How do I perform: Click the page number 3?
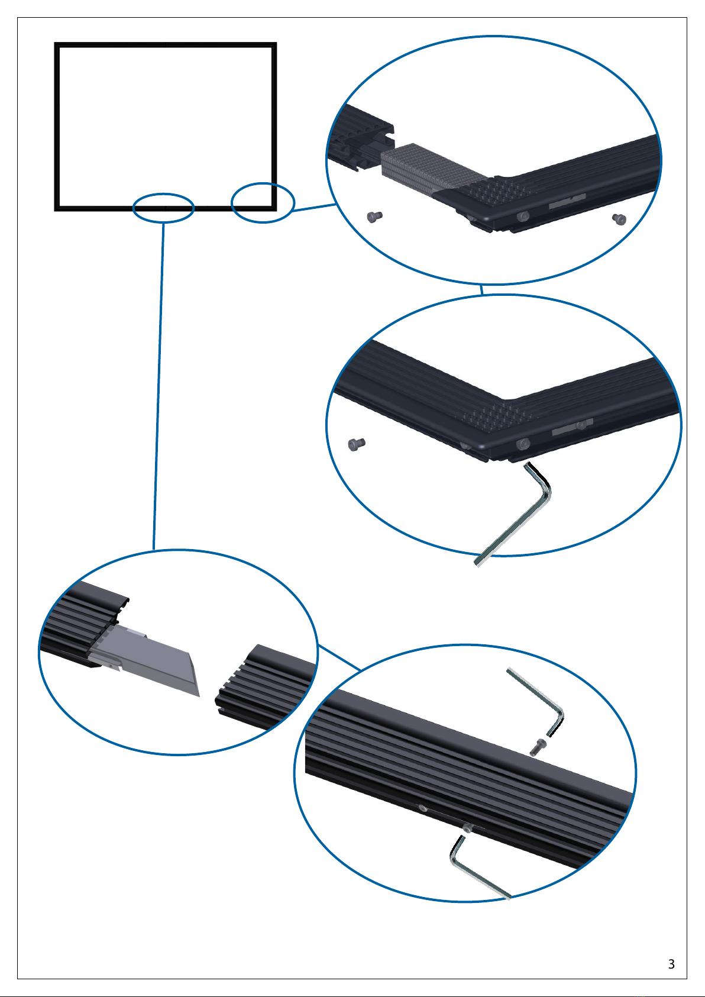pos(671,964)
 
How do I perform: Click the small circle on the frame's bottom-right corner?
pos(263,203)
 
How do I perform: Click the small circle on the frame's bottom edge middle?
pos(164,208)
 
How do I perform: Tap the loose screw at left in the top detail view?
pos(374,217)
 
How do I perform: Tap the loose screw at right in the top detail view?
pos(619,219)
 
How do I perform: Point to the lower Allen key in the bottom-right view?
pos(473,870)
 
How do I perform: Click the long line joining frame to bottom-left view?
pos(159,385)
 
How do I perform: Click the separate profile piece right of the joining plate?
pos(266,686)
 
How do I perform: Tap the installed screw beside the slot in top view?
pos(523,217)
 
